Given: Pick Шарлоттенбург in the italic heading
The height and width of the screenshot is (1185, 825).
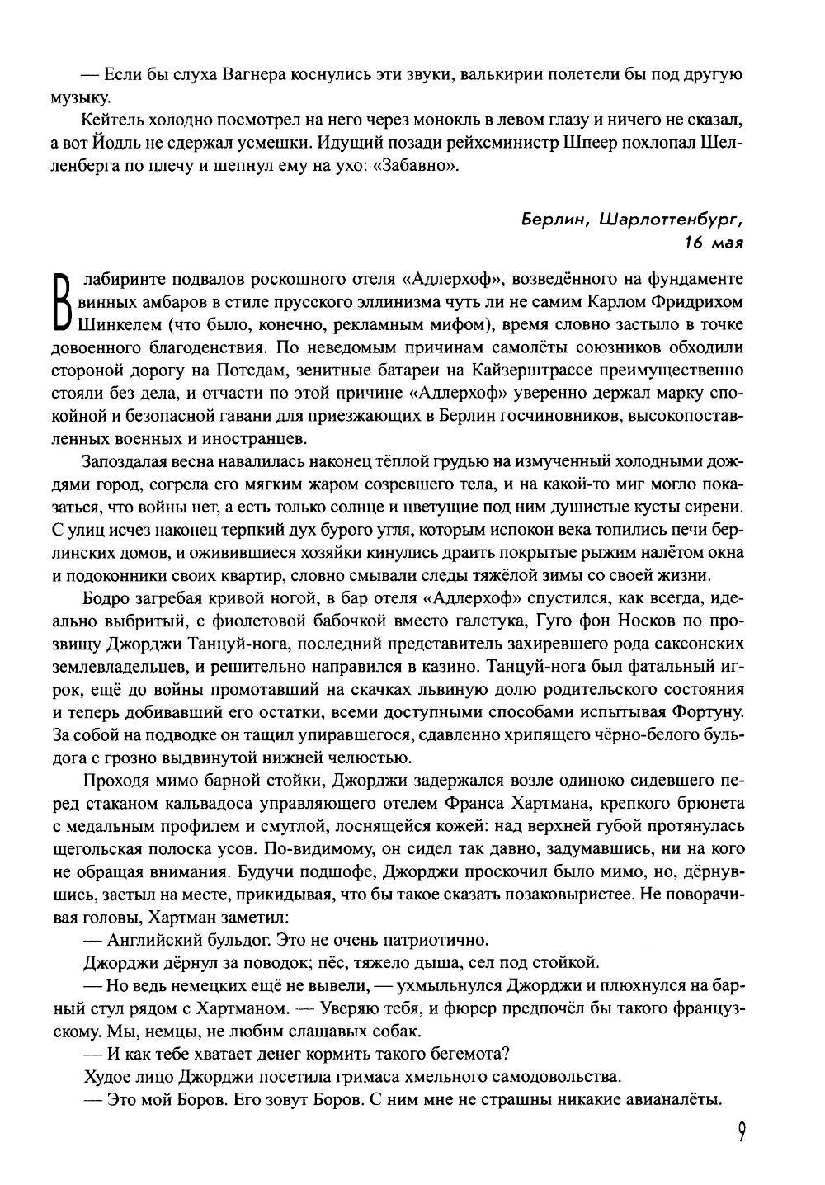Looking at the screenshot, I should pyautogui.click(x=672, y=220).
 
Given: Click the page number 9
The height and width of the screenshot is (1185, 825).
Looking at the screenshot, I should pyautogui.click(x=742, y=1131).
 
